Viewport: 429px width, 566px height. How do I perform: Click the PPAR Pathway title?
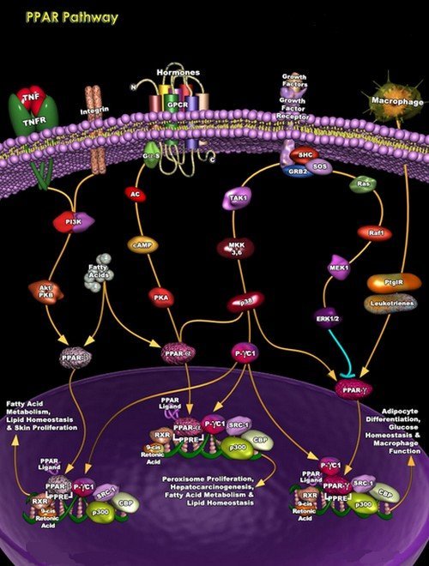pos(60,17)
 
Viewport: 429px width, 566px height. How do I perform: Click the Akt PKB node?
pos(42,292)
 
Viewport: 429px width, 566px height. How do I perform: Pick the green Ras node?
pos(363,183)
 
